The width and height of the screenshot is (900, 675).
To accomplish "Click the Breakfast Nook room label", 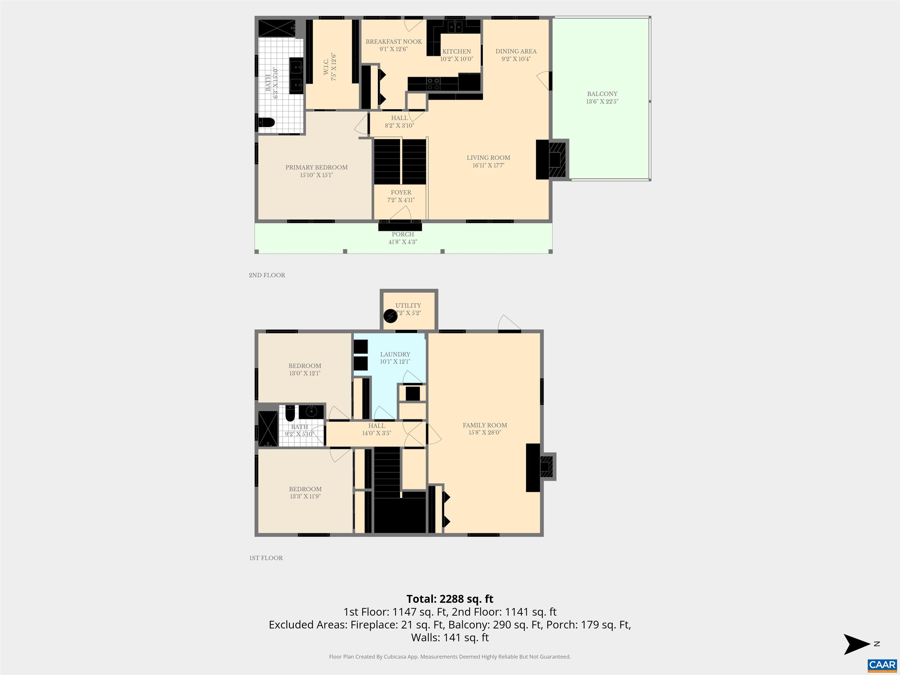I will click(393, 42).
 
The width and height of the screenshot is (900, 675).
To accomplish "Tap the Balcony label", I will click(602, 93).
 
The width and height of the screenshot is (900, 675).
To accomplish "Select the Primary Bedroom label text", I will click(316, 167).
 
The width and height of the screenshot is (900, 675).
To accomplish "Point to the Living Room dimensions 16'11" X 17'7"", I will click(488, 165).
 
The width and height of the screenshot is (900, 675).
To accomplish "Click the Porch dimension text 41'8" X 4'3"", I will click(403, 242).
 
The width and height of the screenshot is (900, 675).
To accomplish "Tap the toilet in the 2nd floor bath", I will click(267, 122).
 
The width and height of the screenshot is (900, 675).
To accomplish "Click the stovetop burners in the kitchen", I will click(433, 84).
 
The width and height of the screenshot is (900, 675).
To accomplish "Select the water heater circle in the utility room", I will click(390, 316).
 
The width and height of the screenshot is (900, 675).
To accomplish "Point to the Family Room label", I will click(485, 425).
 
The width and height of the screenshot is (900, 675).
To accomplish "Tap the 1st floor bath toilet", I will click(290, 414).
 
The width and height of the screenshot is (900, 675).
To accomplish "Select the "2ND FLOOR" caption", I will click(267, 275).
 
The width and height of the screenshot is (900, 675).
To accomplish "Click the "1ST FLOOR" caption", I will click(266, 558).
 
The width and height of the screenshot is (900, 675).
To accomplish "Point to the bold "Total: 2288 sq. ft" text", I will click(450, 599).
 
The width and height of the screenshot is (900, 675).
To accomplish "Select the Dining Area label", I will click(516, 51).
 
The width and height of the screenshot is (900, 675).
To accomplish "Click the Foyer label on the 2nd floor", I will click(401, 192).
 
